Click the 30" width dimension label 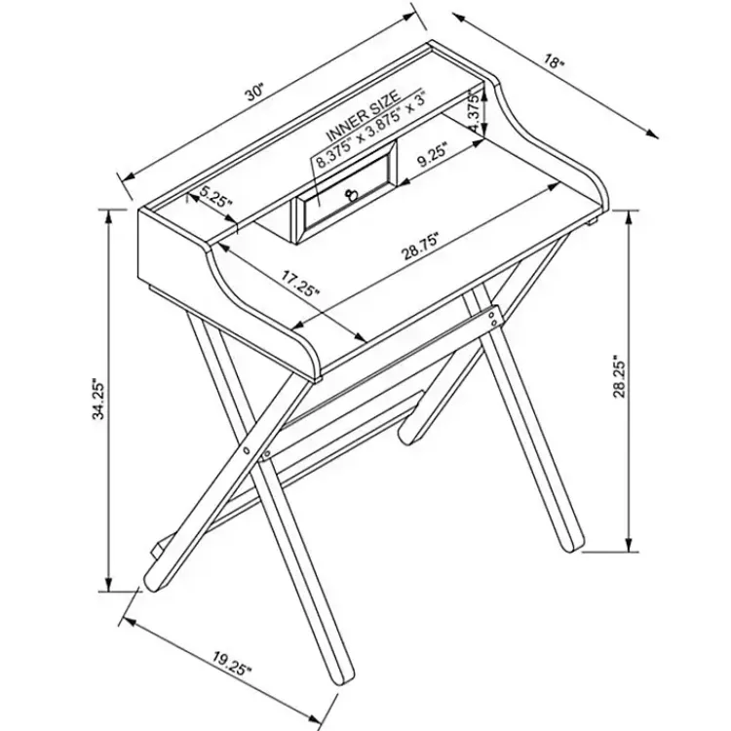click(x=255, y=93)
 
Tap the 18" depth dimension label click(x=554, y=61)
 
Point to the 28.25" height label click(x=619, y=377)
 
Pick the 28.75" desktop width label click(x=420, y=248)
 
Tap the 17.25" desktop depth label click(x=300, y=283)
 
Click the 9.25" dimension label click(x=432, y=154)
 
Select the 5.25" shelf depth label click(x=215, y=199)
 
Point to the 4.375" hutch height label click(x=474, y=112)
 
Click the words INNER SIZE click(x=364, y=115)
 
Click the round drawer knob click(x=350, y=194)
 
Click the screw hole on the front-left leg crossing click(x=246, y=450)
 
